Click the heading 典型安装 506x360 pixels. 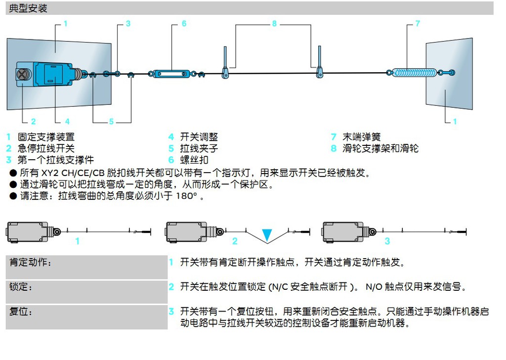click(x=28, y=8)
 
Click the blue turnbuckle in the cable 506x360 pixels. click(x=171, y=74)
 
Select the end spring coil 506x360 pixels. click(x=413, y=73)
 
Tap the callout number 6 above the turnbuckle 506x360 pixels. click(x=184, y=24)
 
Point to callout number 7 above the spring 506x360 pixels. click(x=418, y=24)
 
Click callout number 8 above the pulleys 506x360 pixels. click(x=275, y=24)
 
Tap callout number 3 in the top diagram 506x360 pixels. click(x=128, y=24)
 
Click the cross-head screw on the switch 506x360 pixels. click(x=23, y=75)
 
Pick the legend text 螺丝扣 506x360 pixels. click(x=194, y=160)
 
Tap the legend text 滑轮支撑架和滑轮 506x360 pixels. click(x=380, y=148)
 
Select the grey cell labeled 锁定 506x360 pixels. click(x=86, y=292)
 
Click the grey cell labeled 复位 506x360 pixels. click(x=86, y=317)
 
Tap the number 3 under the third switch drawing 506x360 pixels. click(x=387, y=241)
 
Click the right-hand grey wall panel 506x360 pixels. click(x=449, y=74)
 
